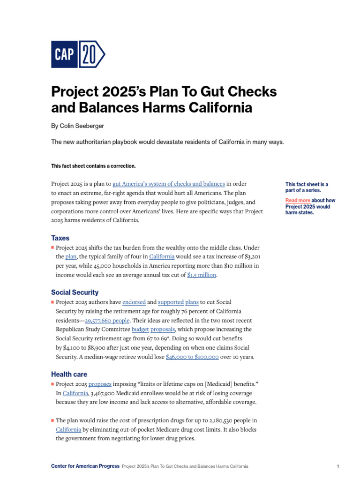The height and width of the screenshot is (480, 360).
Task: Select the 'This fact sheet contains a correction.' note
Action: pos(93,166)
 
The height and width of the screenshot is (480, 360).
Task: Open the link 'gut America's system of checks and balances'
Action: pos(169,184)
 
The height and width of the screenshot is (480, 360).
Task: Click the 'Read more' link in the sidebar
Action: pos(298,201)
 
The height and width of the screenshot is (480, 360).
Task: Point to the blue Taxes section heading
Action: pos(60,238)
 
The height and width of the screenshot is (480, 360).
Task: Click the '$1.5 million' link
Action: pos(202,275)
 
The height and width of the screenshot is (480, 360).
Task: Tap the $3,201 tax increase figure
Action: pos(251,257)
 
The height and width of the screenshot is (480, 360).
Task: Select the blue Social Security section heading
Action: pos(75,292)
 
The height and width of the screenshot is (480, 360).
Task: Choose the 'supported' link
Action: pos(171,302)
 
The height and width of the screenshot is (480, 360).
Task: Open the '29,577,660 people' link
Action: pos(108,321)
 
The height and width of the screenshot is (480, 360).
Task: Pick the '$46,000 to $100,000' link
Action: pos(192,357)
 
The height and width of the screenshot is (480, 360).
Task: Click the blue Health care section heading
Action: pos(69,375)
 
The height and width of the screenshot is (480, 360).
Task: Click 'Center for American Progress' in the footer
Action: pos(85,466)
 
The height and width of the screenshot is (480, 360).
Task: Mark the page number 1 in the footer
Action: pos(338,466)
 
